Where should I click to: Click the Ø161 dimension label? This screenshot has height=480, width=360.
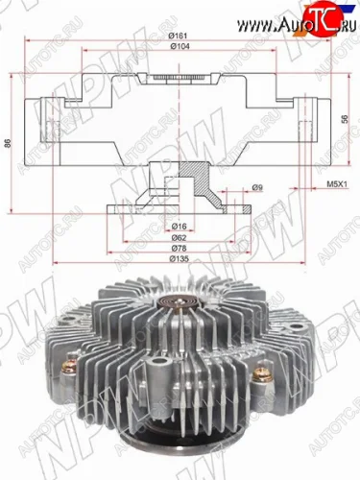click(x=178, y=36)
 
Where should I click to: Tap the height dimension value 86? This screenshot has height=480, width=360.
click(x=9, y=143)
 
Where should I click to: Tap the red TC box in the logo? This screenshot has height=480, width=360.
click(x=325, y=14)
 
